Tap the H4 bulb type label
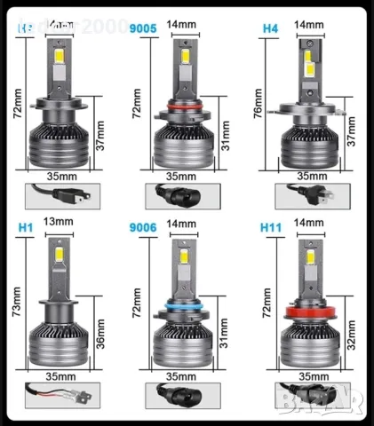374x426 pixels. (270, 28)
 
